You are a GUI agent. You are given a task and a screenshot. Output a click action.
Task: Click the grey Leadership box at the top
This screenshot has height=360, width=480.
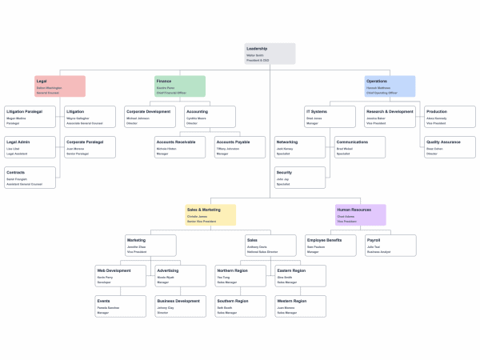click(270, 54)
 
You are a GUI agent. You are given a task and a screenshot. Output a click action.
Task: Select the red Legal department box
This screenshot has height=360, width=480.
click(60, 86)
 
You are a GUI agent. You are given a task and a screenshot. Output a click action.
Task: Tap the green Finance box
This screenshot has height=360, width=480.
click(179, 86)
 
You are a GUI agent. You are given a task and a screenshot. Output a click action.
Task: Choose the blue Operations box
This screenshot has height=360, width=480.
click(390, 86)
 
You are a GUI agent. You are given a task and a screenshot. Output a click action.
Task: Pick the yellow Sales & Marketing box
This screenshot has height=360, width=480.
click(210, 214)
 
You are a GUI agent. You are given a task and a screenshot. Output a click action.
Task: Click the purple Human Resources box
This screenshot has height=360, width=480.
click(360, 214)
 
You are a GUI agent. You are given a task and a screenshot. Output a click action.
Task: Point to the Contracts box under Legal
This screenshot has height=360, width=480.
click(30, 178)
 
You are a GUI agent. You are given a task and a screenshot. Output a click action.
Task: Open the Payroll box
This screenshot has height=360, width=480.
click(390, 245)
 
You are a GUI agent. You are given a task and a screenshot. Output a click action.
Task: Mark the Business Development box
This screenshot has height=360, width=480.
click(180, 306)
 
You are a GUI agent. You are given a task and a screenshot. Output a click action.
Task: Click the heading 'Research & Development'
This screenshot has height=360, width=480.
click(390, 111)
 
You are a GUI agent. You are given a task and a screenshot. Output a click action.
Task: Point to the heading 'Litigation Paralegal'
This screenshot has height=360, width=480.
click(24, 111)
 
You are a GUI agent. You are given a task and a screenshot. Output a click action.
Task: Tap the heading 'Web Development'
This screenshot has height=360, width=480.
click(114, 270)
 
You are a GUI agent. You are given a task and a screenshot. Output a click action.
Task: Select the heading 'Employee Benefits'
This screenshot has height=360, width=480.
click(325, 240)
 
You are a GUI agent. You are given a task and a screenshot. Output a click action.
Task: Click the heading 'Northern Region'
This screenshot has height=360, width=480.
click(233, 270)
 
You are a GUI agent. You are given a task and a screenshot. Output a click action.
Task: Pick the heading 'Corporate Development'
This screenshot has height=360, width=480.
click(149, 111)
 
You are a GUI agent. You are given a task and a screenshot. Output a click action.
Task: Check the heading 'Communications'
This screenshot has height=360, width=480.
click(352, 142)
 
